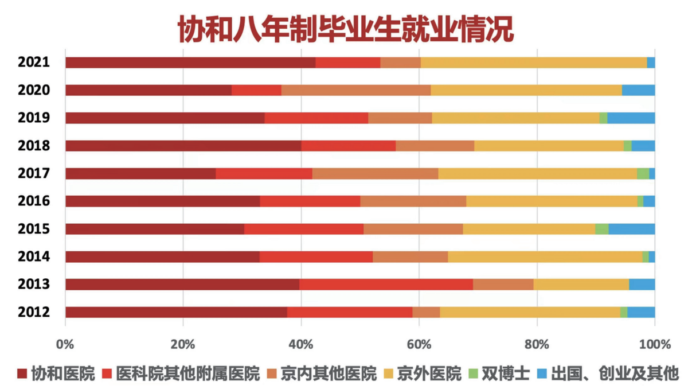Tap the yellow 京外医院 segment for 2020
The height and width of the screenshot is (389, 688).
[x=526, y=90]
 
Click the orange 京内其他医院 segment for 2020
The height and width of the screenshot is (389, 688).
[x=356, y=90]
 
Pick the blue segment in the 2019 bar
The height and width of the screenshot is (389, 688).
[x=631, y=118]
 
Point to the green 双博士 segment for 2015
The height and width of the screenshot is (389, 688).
[x=601, y=229]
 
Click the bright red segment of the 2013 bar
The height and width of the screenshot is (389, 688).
[x=386, y=284]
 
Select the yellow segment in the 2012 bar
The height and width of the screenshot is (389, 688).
[x=530, y=312]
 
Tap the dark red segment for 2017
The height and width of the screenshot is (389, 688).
[x=140, y=173]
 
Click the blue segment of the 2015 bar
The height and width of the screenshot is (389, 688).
[x=631, y=229]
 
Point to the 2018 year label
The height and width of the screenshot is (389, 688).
[x=34, y=146]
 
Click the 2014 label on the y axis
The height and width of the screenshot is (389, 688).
[x=34, y=256]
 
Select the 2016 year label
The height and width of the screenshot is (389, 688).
[x=34, y=201]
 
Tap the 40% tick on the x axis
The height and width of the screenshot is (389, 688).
[x=301, y=345]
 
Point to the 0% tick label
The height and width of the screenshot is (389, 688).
[x=65, y=345]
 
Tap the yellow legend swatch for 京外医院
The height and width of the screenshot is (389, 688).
[x=388, y=374]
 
